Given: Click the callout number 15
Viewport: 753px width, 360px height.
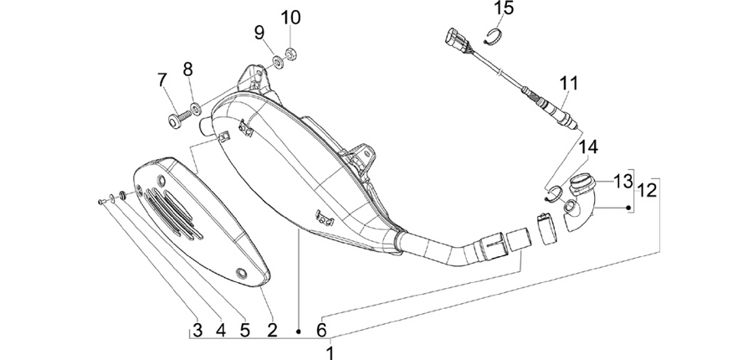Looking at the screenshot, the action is tap(505, 8).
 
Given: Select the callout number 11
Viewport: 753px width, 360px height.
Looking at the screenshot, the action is tap(569, 83).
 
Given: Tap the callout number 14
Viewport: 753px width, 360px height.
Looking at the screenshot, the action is tap(589, 147).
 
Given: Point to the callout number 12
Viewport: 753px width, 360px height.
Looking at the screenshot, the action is tap(647, 190).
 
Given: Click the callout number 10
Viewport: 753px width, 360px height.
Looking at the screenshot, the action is tap(290, 18).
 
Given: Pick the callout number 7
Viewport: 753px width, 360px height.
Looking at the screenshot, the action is tap(163, 80).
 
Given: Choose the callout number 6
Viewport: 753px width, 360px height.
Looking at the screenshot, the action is tap(321, 330).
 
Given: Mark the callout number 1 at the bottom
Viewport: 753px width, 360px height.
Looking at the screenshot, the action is tap(330, 352).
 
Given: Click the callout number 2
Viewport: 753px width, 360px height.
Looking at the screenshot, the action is tap(272, 330).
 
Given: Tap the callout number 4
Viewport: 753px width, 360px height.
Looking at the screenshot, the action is tap(220, 330).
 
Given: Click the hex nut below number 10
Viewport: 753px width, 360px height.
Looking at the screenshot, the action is tap(290, 53).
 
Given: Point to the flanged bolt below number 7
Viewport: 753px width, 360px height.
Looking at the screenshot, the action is tap(177, 118).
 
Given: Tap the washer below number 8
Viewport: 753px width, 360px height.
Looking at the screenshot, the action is tap(196, 110).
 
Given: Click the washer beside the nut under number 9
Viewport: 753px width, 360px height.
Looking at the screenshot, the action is tap(277, 61).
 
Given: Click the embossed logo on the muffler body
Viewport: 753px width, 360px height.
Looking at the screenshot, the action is tap(325, 218).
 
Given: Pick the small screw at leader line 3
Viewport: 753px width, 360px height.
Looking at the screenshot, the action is tap(102, 202).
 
